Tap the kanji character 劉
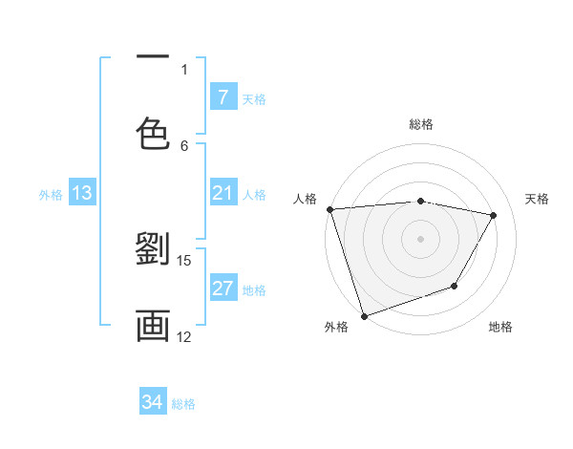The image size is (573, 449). pos(153,251)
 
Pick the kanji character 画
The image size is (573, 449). pos(153,325)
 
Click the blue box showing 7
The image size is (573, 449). pos(223,96)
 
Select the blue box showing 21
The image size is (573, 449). pos(223,194)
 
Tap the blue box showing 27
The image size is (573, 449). pos(223,289)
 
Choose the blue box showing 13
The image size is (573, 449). pos(81,194)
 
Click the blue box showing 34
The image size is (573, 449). pos(153,402)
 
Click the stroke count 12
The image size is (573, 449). pos(184,336)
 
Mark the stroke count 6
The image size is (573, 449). pos(184,145)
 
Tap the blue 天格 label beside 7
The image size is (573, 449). pos(254,98)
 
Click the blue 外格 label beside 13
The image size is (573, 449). pos(51,195)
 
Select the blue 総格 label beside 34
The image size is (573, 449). pos(183,404)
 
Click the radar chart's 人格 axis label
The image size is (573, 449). pos(305,199)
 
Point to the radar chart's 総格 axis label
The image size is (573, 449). pos(421,124)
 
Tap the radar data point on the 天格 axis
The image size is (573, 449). pos(494,216)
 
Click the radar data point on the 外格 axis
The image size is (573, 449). pos(363,315)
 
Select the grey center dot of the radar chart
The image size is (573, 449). pos(420,238)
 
